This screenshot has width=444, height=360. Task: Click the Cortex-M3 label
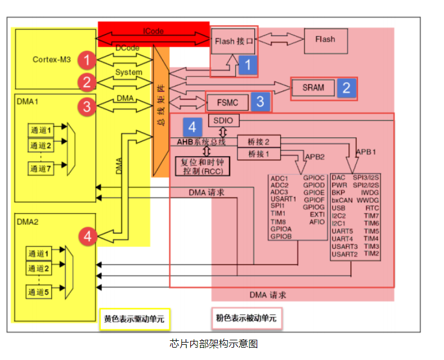pos(52,60)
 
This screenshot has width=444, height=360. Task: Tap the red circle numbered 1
pos(87,60)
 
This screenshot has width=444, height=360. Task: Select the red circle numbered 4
pos(87,236)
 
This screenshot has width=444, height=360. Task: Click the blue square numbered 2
pos(347,88)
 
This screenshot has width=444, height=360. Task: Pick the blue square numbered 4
pos(192,127)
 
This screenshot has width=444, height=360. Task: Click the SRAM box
pos(313,88)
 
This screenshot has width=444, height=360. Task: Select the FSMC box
pos(228,102)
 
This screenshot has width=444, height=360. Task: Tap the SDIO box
pos(223,120)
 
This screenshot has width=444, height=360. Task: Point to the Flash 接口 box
pos(233,41)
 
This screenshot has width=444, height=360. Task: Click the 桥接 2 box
pos(259,142)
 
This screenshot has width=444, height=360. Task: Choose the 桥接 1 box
pos(259,154)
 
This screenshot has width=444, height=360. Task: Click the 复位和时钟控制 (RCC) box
pos(203,166)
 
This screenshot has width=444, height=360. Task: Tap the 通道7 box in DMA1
pos(41,169)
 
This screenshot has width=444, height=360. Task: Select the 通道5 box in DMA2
pos(38,292)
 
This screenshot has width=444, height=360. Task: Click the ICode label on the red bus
pos(153,31)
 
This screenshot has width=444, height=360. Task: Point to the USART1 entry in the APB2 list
pos(283,199)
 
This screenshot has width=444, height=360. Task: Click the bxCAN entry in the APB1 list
pos(342,200)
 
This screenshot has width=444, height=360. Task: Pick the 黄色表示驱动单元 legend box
pos(134,319)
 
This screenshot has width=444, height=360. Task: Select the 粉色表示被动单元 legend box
pos(246,318)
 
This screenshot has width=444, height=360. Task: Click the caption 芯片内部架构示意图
pos(213,344)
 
